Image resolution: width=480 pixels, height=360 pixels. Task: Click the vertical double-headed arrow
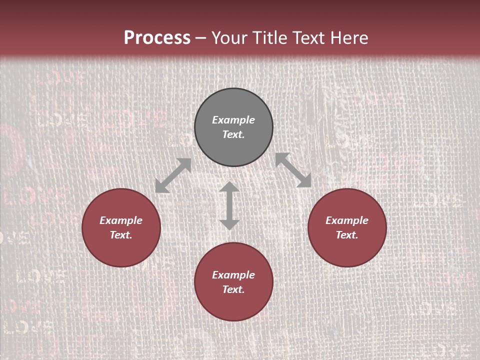point(229,206)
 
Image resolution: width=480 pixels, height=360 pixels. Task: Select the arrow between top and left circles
point(173,175)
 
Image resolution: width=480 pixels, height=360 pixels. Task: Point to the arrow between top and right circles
point(293,170)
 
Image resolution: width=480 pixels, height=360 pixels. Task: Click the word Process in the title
point(157,37)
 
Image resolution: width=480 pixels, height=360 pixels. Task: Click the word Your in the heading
point(228,38)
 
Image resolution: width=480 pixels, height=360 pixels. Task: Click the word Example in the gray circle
point(233,120)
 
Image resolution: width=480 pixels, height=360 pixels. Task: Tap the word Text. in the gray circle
point(233,134)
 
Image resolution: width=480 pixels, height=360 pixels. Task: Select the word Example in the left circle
point(121,220)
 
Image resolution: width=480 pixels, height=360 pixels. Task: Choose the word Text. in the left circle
point(121,235)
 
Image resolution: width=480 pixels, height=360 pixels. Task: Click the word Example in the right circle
point(347,220)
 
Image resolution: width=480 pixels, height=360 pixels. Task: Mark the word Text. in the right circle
point(347,235)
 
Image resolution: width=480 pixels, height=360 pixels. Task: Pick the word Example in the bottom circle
point(233,275)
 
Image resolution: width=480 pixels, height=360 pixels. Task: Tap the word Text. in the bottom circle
point(233,289)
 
